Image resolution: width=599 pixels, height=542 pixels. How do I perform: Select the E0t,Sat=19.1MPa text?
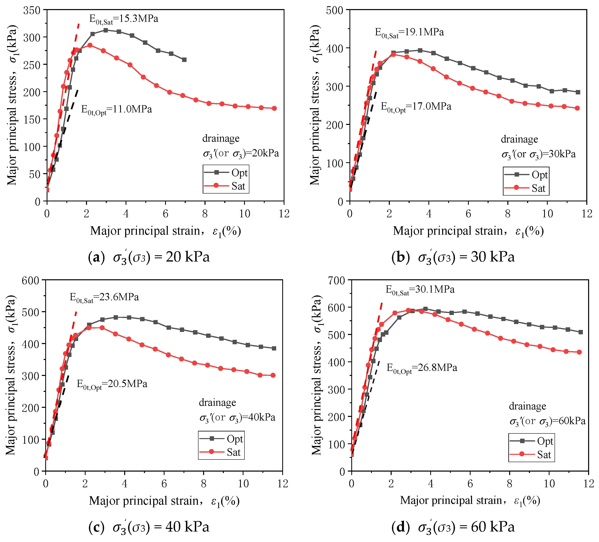[409, 33]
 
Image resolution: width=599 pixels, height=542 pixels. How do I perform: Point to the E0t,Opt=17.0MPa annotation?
[416, 107]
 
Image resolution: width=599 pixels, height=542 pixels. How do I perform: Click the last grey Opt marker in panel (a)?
[184, 60]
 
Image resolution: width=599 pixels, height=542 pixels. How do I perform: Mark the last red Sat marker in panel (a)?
[274, 108]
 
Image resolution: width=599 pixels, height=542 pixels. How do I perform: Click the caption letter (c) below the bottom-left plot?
[96, 527]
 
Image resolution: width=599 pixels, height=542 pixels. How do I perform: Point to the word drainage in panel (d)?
[527, 406]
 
